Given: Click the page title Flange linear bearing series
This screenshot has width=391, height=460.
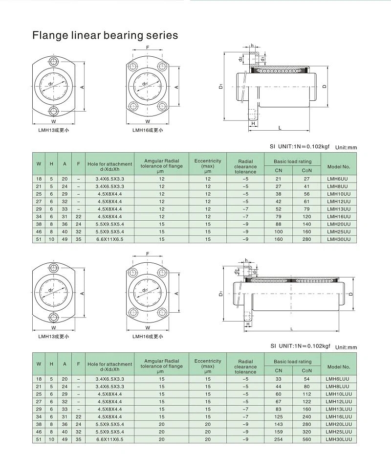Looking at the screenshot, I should [x=105, y=35].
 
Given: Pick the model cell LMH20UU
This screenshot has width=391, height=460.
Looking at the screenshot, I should [x=339, y=224].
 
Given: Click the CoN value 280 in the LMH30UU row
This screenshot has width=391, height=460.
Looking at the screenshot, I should [x=306, y=239].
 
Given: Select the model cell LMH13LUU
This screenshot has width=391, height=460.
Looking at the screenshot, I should [x=339, y=409].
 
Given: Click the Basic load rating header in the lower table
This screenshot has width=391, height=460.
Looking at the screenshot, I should [x=292, y=362].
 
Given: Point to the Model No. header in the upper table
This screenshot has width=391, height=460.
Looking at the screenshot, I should [x=339, y=166].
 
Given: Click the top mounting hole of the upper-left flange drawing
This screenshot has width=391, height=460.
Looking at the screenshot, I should [x=53, y=62].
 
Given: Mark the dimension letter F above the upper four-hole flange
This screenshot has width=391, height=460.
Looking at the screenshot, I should [x=148, y=47].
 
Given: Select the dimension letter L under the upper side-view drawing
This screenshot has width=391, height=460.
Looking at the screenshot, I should [x=280, y=128].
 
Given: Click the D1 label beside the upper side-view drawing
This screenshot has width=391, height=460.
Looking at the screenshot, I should [x=221, y=87].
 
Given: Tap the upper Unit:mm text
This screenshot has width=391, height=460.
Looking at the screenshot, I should [x=346, y=147].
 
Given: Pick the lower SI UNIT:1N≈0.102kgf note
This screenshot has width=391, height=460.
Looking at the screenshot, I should [x=300, y=345].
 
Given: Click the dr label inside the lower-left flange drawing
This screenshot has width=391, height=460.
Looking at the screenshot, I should [x=51, y=290].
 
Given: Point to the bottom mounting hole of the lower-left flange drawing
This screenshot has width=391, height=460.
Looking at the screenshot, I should [x=53, y=318].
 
